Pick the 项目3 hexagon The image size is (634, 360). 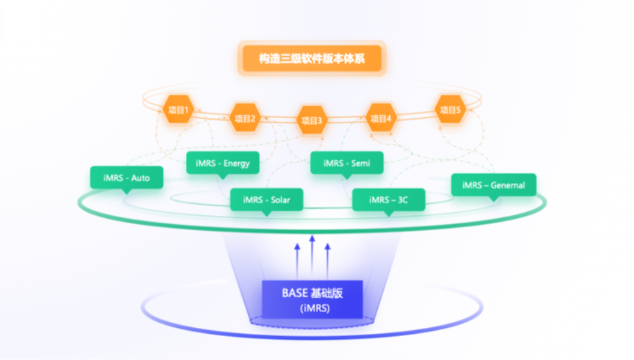click(x=312, y=120)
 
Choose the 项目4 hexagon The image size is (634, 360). click(x=380, y=118)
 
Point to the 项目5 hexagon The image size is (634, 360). click(x=450, y=109)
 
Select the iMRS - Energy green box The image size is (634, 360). click(x=223, y=163)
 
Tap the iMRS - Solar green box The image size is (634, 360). click(x=266, y=200)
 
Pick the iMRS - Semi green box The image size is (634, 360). click(x=346, y=163)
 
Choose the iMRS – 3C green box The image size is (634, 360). click(x=388, y=200)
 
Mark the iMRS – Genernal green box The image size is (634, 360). click(x=494, y=185)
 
